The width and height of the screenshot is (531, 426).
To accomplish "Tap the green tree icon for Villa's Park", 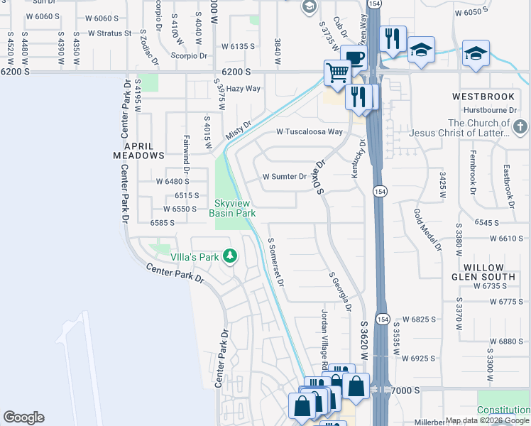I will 229,255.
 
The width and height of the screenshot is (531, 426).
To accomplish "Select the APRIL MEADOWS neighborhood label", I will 139,149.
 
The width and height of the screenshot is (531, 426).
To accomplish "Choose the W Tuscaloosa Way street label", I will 310,132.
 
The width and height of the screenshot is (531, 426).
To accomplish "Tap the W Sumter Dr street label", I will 284,177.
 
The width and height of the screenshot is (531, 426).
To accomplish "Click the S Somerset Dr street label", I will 276,262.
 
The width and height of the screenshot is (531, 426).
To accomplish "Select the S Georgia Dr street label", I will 340,291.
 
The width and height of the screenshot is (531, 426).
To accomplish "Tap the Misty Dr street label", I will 239,130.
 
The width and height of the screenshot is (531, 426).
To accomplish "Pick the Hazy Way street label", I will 243,89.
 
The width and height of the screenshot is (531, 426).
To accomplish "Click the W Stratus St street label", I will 109,33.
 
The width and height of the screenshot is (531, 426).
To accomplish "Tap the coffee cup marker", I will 353,57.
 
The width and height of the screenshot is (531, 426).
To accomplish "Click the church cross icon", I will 520,128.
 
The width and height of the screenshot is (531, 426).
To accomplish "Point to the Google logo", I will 23,417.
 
